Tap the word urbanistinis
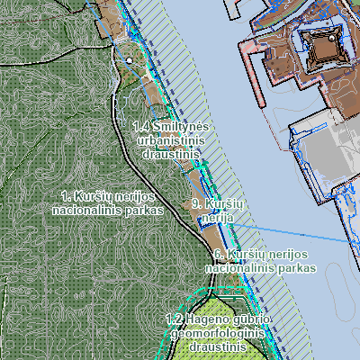(x=169, y=141)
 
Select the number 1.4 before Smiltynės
(x=140, y=128)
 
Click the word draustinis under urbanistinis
(x=170, y=155)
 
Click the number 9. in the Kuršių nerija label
(x=196, y=203)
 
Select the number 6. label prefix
(x=218, y=255)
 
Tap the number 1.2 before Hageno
(x=175, y=319)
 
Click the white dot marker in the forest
(x=129, y=60)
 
